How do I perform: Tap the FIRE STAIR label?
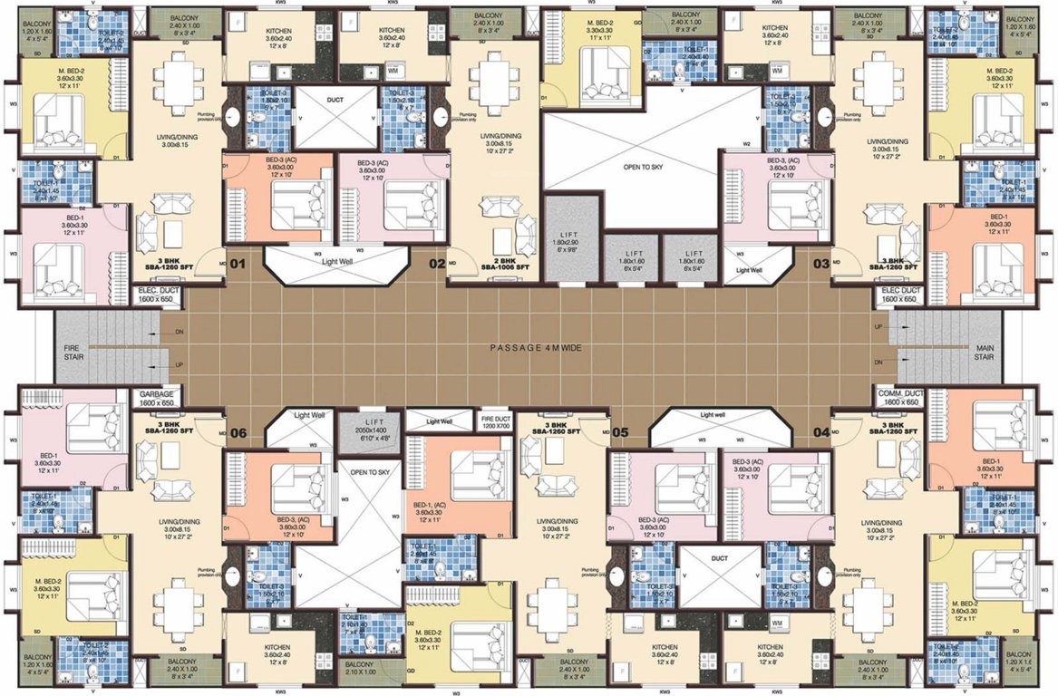[73, 353]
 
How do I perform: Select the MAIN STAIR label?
[985, 353]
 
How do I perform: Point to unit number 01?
[238, 265]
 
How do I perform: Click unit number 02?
[437, 265]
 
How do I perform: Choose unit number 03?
[820, 265]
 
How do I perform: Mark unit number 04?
[821, 432]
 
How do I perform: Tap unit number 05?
[620, 432]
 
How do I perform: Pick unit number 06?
[238, 432]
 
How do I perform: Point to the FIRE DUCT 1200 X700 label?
[496, 420]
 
